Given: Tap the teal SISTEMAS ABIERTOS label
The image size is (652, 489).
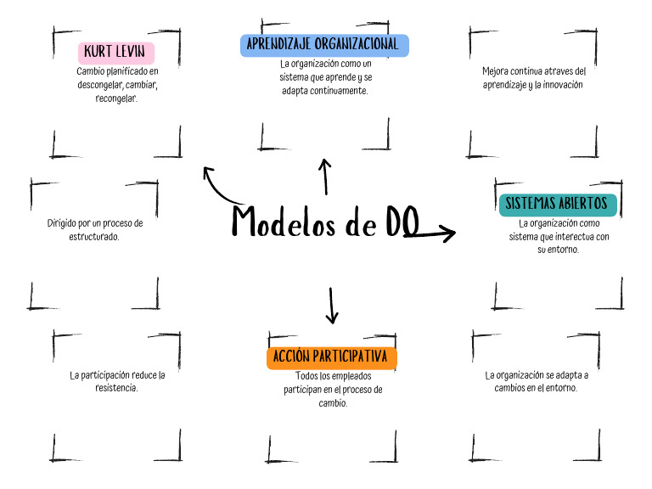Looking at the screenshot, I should (556, 204).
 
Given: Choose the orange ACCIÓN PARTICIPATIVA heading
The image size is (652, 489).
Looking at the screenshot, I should (331, 357).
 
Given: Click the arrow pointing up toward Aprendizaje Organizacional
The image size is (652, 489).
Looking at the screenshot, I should (324, 176).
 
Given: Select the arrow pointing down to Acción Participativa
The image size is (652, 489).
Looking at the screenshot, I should (332, 306).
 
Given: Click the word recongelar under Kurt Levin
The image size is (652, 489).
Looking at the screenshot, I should (116, 98).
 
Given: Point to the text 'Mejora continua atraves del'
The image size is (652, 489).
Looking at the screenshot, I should (534, 71).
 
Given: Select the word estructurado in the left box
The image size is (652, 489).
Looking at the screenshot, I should (94, 236).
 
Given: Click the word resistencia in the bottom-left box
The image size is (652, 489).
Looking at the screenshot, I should (116, 387).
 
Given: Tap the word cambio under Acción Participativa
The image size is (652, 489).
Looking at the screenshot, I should (332, 403).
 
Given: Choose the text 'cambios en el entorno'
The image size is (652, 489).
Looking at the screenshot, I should (536, 387).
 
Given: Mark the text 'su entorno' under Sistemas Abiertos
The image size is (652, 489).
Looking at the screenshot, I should (558, 250).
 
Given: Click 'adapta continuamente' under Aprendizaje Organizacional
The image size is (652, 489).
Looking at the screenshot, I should (325, 90).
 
